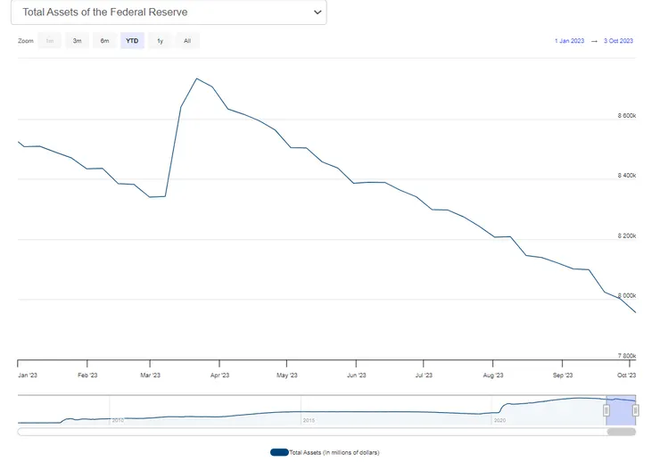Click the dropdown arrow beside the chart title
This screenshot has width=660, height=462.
[318, 12]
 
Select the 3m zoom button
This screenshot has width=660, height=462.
[78, 41]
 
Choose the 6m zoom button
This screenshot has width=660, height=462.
[104, 41]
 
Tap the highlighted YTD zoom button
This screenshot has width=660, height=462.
[132, 41]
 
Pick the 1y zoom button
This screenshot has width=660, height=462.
[160, 41]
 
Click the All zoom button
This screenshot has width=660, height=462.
[186, 41]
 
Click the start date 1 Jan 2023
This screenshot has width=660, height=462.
[568, 41]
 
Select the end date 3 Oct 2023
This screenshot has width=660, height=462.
[618, 41]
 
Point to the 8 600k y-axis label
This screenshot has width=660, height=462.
[626, 116]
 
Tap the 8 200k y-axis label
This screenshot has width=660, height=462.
[626, 235]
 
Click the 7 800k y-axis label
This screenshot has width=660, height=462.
[626, 355]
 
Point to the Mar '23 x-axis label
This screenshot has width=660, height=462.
[151, 375]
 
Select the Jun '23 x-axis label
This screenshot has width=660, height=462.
[357, 375]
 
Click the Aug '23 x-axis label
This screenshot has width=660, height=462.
[495, 375]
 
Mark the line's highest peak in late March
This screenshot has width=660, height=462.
[196, 78]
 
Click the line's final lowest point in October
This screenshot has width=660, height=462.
[635, 313]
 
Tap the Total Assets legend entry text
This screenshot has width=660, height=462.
[334, 452]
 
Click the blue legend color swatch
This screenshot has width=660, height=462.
[279, 452]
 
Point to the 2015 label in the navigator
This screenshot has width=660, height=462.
[309, 419]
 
